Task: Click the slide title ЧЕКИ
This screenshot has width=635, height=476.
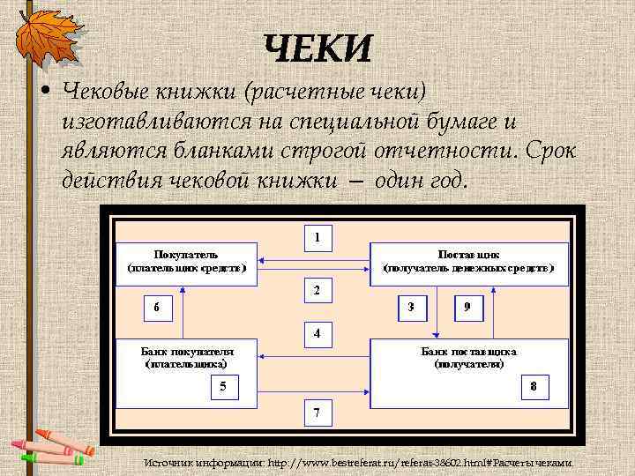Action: [x=317, y=49]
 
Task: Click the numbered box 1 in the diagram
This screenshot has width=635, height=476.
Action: [x=317, y=237]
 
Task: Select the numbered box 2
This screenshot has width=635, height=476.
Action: [x=317, y=290]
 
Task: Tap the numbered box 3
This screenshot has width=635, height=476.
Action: [x=411, y=308]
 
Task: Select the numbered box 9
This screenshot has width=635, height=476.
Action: [x=467, y=308]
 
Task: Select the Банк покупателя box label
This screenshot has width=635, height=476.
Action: [x=187, y=356]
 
